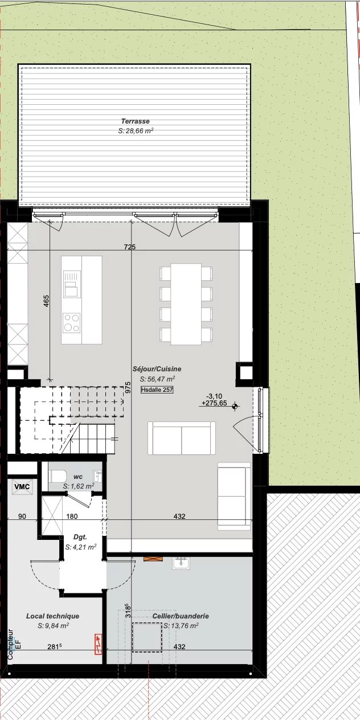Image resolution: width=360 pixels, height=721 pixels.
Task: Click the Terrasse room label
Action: (135, 121)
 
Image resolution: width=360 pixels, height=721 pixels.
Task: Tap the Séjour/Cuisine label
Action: (157, 369)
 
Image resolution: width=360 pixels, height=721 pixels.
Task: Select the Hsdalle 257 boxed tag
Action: (157, 390)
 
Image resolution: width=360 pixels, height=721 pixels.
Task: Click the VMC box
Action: (22, 486)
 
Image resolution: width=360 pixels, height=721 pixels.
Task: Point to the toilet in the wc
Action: (58, 476)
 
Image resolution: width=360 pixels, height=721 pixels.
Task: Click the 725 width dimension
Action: (130, 247)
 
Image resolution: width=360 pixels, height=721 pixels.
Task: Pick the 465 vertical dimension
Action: (46, 301)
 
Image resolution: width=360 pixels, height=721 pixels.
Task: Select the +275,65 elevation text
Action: (214, 403)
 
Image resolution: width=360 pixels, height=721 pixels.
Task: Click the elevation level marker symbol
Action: (235, 406)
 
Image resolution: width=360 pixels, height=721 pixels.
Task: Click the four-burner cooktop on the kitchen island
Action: (71, 322)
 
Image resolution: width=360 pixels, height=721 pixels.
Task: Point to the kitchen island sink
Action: (72, 284)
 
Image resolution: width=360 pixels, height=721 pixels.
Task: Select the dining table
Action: (186, 304)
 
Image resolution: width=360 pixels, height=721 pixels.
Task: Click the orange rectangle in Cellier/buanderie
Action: (153, 559)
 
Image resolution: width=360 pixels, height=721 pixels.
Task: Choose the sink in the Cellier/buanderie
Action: (181, 563)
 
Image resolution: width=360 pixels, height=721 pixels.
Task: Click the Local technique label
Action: (53, 616)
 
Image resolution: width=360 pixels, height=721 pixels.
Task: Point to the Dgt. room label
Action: (80, 536)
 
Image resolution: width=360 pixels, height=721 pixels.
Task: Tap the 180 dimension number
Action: (72, 517)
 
